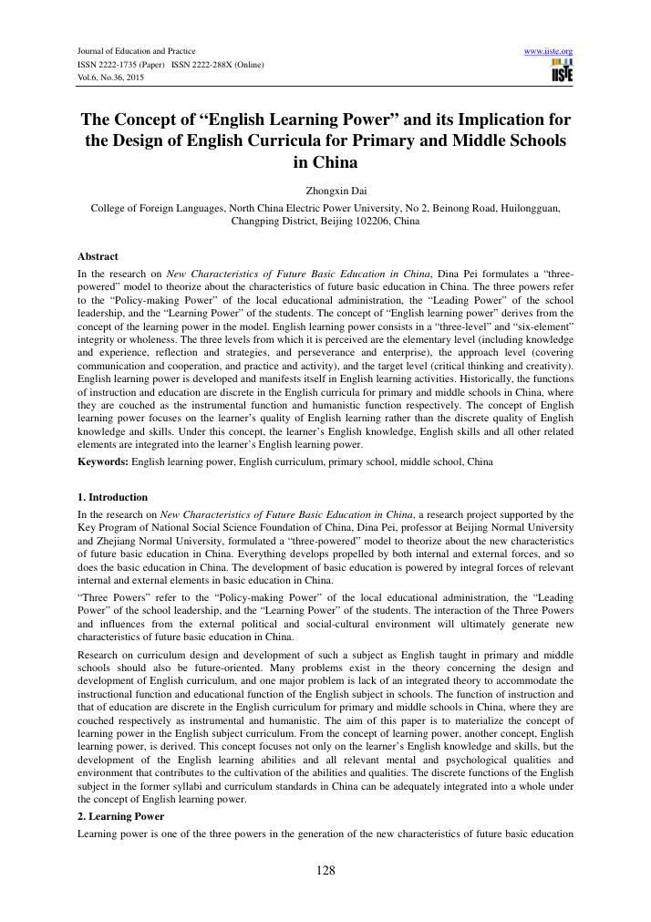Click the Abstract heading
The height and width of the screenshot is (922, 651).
click(98, 256)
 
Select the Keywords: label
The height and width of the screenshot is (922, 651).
click(103, 462)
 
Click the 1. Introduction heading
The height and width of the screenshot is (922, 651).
click(113, 497)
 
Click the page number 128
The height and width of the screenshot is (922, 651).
click(325, 870)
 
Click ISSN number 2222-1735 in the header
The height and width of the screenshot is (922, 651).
click(118, 65)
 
